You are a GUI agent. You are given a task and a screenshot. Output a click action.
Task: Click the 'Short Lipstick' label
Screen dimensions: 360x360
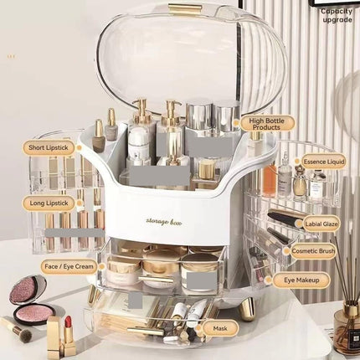pyautogui.click(x=49, y=147)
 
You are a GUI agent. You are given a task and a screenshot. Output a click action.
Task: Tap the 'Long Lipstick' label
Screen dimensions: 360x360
pyautogui.click(x=49, y=203)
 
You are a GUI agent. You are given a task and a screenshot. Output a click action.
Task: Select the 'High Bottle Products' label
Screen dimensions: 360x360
pyautogui.click(x=267, y=124)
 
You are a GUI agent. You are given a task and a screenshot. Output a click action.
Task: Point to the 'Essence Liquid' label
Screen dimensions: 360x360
pyautogui.click(x=324, y=162)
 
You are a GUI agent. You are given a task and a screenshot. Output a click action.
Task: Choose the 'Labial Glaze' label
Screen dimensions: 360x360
pyautogui.click(x=321, y=224)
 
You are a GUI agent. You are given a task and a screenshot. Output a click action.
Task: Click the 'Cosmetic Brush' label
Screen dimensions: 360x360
pyautogui.click(x=313, y=251)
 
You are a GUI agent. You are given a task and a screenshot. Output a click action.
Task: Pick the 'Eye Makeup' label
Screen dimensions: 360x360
pyautogui.click(x=301, y=280)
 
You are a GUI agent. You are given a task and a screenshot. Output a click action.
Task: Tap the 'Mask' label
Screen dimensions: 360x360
pyautogui.click(x=220, y=328)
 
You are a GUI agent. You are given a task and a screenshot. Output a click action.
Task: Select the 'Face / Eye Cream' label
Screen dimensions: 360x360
pyautogui.click(x=69, y=266)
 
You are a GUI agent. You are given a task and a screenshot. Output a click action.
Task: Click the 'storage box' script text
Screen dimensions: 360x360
pyautogui.click(x=164, y=222)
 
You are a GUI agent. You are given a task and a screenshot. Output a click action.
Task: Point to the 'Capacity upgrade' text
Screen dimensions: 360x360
pyautogui.click(x=337, y=15)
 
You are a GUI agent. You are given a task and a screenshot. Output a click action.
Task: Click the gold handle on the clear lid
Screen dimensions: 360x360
pyautogui.click(x=184, y=9)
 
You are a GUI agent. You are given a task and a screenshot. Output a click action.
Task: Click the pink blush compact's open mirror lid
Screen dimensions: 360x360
pyautogui.click(x=28, y=290)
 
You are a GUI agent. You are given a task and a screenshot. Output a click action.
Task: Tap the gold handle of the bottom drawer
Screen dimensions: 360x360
pyautogui.click(x=145, y=332)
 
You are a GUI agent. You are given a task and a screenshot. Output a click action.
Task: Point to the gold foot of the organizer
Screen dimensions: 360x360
pyautogui.click(x=248, y=309)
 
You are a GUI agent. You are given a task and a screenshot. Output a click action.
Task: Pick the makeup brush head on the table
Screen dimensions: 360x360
pyautogui.click(x=24, y=334)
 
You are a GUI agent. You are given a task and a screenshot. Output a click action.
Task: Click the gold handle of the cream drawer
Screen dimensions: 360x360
pyautogui.click(x=156, y=279)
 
